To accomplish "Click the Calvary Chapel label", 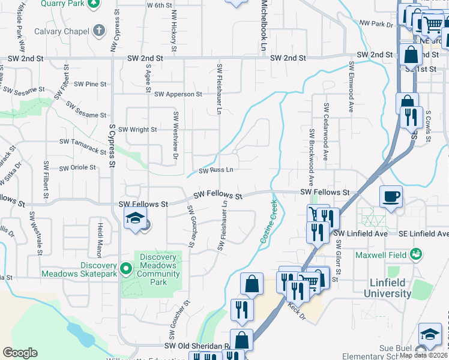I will pos(58,31).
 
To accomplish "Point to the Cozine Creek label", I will pos(269,222).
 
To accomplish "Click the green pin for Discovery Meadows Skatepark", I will pos(125,268).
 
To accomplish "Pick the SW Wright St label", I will pos(137,130).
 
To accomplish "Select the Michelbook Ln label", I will pos(264,24).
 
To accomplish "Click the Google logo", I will pos(20,353).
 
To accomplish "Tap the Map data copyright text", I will pos(424,355).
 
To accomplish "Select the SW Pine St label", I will pos(87,84).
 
